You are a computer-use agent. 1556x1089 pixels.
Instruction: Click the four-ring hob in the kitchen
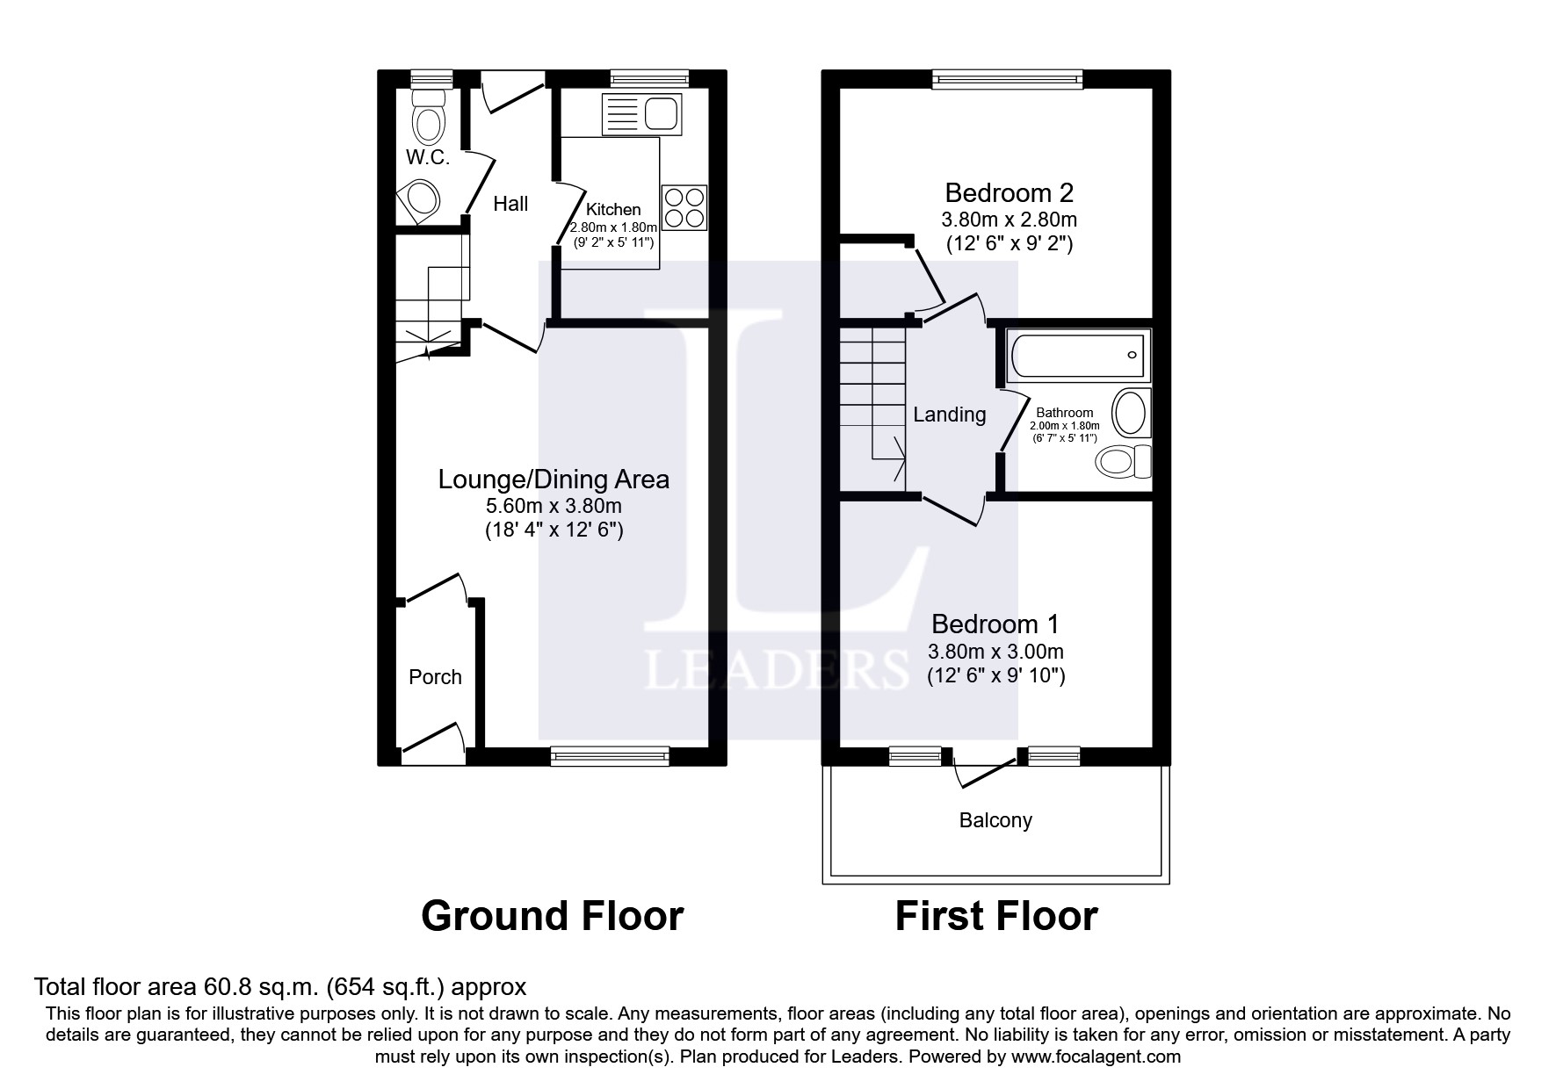click(x=684, y=208)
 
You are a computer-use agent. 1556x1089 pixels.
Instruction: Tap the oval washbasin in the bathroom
click(x=1130, y=413)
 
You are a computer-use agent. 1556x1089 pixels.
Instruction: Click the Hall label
click(x=510, y=204)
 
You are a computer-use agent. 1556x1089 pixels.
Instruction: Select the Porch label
click(x=435, y=677)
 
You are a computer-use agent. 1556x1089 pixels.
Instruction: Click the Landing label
click(x=949, y=415)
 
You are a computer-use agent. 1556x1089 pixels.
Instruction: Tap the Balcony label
click(x=995, y=820)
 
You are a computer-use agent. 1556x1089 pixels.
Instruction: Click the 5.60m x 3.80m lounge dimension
click(x=554, y=506)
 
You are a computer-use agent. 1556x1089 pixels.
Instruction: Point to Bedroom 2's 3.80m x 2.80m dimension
click(x=1009, y=220)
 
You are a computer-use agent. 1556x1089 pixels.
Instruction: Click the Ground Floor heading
click(x=552, y=916)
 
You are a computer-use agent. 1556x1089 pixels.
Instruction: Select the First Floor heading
click(x=996, y=916)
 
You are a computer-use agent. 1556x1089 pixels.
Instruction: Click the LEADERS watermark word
click(x=777, y=669)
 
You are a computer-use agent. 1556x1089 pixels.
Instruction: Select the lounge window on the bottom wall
click(x=610, y=754)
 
